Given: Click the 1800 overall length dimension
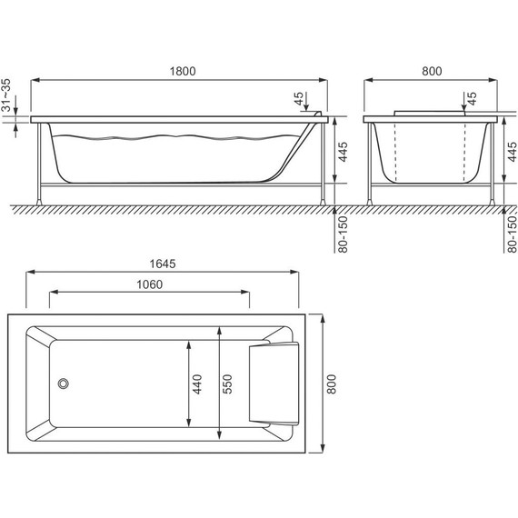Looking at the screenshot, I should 182,72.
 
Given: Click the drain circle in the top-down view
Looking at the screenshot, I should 64,384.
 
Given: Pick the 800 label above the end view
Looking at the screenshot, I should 432,72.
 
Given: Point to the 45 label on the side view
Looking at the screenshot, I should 299,97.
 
